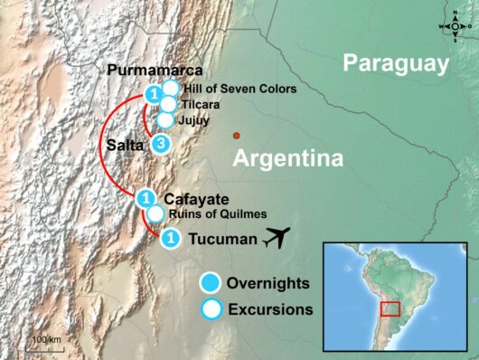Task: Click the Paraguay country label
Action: coord(396,63)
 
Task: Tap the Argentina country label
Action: coord(288,160)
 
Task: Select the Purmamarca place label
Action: coord(155,71)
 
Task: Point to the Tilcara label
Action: coord(198,104)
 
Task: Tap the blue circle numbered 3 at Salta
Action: coord(160,144)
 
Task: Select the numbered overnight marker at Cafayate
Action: coord(145,198)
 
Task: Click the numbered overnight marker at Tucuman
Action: coord(169,238)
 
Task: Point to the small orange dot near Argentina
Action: coord(236,136)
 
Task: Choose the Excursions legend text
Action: coord(270,308)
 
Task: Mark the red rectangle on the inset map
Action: coord(390,308)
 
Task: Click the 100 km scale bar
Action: coord(44,345)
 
